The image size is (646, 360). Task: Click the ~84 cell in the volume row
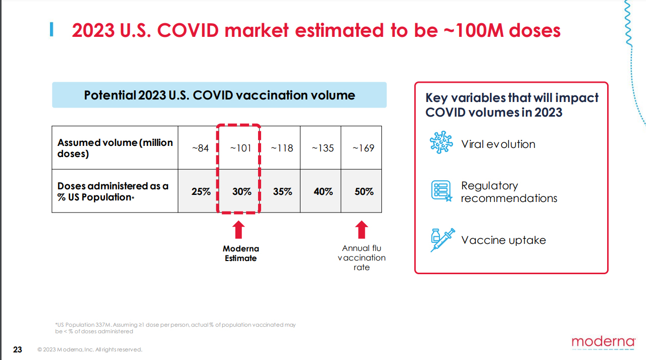[200, 148]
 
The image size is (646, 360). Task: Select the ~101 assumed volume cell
[240, 148]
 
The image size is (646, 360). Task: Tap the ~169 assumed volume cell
[363, 148]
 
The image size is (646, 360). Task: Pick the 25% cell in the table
[201, 192]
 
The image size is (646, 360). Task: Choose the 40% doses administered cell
[323, 192]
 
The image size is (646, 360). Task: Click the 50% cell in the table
[364, 192]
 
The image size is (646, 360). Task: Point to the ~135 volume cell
[322, 148]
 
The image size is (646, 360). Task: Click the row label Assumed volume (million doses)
[115, 148]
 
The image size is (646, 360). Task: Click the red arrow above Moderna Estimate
[239, 230]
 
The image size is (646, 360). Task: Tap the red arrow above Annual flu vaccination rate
[361, 230]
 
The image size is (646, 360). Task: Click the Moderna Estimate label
[240, 253]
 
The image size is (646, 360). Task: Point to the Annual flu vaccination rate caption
[362, 258]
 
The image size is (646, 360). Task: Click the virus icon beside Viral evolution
[441, 143]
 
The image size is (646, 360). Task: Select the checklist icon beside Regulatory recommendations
[441, 191]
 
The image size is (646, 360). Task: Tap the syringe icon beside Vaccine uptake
[442, 240]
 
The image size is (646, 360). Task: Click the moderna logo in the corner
[603, 342]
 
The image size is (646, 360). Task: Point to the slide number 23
[18, 349]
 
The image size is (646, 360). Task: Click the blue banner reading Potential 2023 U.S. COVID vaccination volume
[219, 95]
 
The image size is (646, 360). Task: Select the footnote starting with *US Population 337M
[175, 328]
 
